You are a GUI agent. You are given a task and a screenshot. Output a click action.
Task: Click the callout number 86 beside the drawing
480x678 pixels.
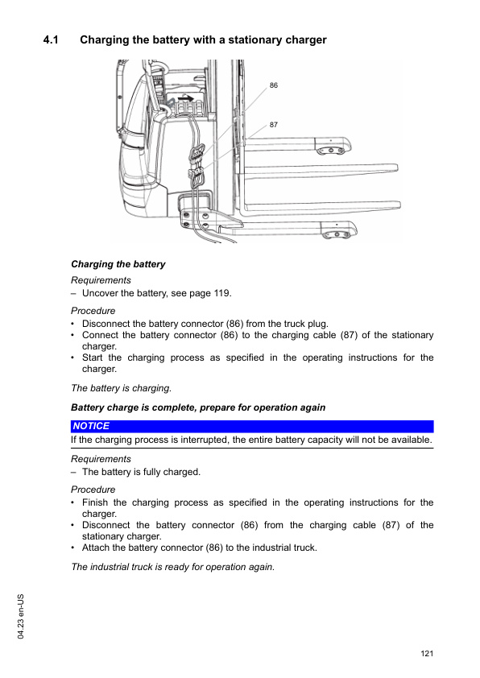click(x=274, y=85)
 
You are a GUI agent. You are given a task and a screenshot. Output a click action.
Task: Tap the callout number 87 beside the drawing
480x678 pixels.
click(x=274, y=125)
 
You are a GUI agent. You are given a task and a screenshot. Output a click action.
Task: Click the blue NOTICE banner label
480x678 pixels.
click(x=91, y=426)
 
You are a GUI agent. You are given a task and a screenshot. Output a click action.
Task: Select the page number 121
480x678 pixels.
click(x=427, y=653)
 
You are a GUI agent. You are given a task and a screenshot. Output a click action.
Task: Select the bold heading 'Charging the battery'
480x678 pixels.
click(x=118, y=264)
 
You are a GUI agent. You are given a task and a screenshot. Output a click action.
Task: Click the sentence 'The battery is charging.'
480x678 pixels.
click(x=120, y=388)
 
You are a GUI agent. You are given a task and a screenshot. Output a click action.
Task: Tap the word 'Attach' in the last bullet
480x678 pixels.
click(x=97, y=548)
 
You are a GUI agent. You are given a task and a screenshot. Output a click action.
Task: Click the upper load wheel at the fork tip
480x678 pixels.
click(x=334, y=150)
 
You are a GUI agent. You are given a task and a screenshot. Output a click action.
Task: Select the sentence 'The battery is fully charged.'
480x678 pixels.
click(x=141, y=472)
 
